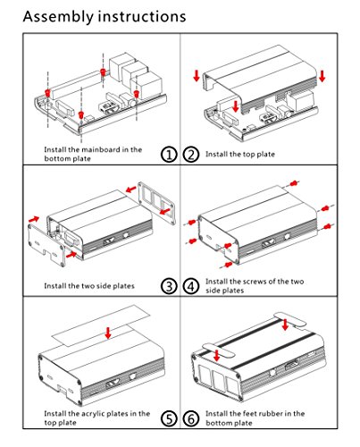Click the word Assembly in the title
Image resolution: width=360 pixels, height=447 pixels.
point(58,17)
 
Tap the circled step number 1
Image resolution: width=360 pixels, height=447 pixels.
point(169,155)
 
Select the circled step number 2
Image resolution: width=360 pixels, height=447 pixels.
point(191,155)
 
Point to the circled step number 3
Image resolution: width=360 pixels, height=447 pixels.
point(169,286)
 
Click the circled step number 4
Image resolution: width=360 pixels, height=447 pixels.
point(191,286)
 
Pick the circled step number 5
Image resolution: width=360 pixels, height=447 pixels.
point(169,418)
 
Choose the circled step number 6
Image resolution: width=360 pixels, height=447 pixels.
point(191,418)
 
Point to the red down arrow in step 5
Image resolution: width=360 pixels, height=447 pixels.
point(108,333)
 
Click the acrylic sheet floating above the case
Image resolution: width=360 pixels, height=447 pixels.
point(101,325)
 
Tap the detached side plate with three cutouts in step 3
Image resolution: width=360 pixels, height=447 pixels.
point(156,203)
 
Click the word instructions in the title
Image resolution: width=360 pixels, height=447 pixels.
point(142,17)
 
